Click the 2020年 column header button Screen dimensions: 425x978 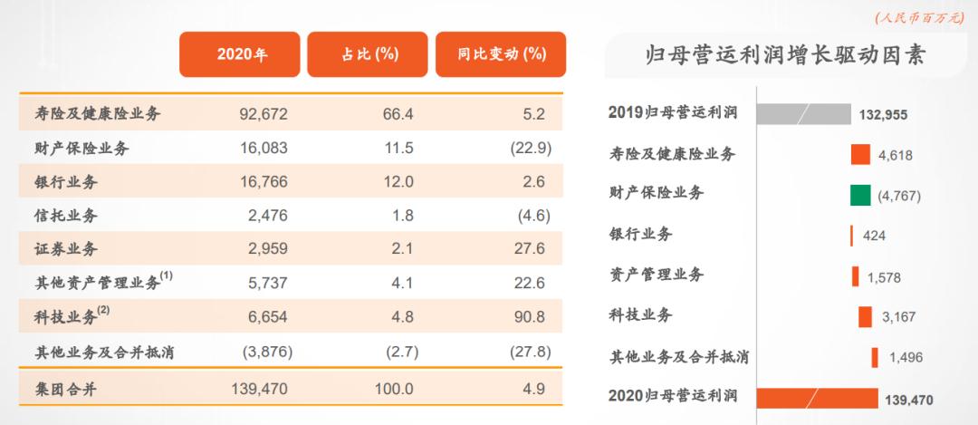pyautogui.click(x=241, y=55)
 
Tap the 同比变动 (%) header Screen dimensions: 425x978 pyautogui.click(x=501, y=55)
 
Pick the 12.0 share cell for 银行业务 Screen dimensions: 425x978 pyautogui.click(x=398, y=182)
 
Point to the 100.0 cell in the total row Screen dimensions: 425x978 pyautogui.click(x=394, y=388)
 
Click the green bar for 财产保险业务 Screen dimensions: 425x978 pyautogui.click(x=860, y=194)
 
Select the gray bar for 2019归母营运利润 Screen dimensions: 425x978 pyautogui.click(x=803, y=114)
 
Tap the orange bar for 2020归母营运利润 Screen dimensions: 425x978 pyautogui.click(x=816, y=398)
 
